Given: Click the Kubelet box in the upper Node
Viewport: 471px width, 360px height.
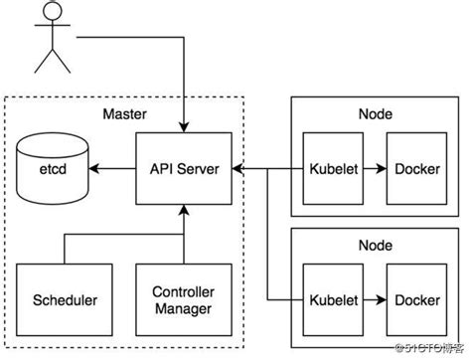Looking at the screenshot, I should [x=335, y=167].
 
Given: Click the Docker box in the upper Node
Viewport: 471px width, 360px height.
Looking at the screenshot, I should [x=418, y=167].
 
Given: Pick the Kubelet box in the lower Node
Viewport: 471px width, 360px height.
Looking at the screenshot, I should [x=335, y=299].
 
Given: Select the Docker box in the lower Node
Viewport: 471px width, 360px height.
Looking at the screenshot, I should [x=418, y=299].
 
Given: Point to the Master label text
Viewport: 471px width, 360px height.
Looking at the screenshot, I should [x=125, y=113].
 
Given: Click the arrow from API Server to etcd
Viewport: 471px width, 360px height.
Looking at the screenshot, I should [x=110, y=168].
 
